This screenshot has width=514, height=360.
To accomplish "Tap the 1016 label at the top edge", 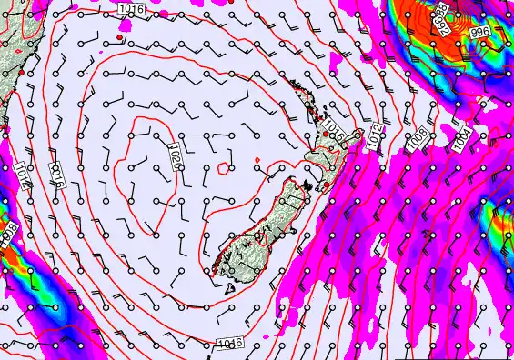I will coord(131,8).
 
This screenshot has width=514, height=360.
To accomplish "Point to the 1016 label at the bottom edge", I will coord(230,343).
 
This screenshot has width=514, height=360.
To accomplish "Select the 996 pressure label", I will coord(479,30).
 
